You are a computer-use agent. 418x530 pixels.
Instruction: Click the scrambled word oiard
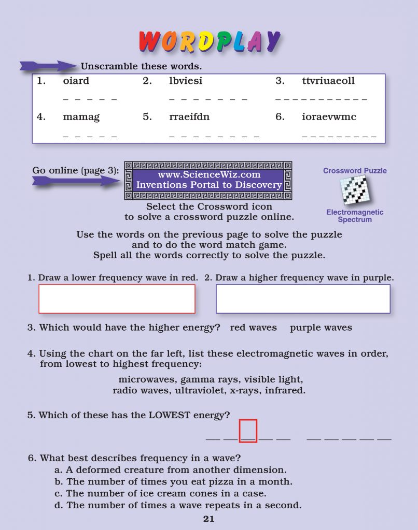(x=76, y=81)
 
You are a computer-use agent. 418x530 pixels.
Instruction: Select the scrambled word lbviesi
(x=186, y=81)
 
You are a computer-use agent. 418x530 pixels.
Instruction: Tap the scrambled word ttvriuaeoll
(x=328, y=81)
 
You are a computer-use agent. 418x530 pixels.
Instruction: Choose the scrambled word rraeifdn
(x=189, y=117)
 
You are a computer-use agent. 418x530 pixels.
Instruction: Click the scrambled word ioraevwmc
(x=329, y=117)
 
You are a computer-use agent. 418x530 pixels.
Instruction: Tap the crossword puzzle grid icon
(x=355, y=190)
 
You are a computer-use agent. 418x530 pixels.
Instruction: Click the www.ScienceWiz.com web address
(x=209, y=175)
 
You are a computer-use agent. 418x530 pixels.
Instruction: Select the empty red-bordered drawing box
(x=117, y=299)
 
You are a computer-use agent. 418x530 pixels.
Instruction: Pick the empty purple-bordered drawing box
(x=303, y=299)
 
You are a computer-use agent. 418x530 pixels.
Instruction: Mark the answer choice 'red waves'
(x=253, y=328)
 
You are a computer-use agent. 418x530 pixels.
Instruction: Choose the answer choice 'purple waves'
(x=321, y=328)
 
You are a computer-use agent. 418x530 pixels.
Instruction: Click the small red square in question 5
(x=248, y=431)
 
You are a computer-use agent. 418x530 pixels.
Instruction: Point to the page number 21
(x=208, y=519)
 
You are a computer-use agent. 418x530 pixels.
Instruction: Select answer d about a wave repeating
(x=177, y=505)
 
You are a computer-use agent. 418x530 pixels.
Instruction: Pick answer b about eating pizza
(x=173, y=482)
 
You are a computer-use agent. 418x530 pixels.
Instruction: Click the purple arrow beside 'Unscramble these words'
(x=48, y=66)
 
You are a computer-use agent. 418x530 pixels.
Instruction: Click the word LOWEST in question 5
(x=170, y=415)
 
